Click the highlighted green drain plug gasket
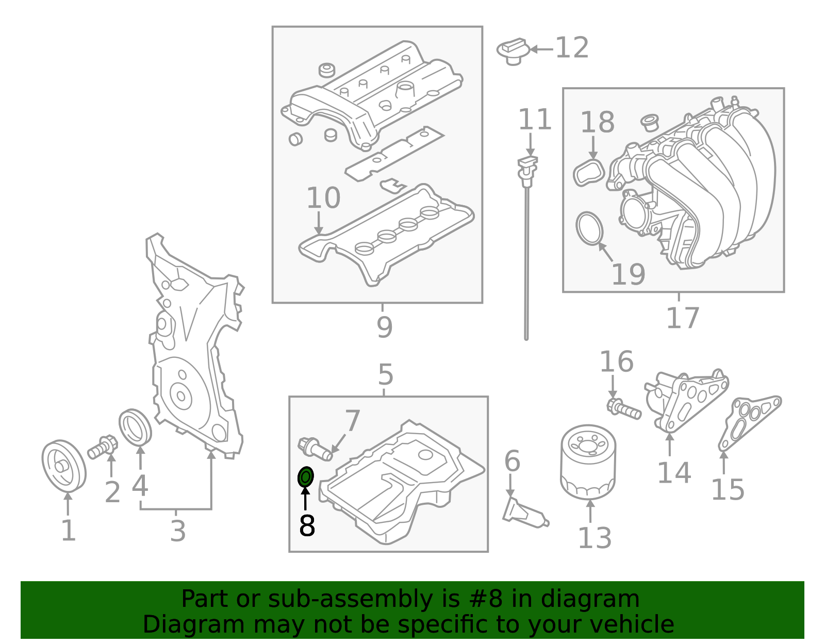306,477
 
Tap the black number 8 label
307,526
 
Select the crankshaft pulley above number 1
63,466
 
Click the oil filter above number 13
588,462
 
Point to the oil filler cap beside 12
514,51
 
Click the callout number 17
682,318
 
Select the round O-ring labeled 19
589,228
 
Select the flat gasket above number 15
749,420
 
